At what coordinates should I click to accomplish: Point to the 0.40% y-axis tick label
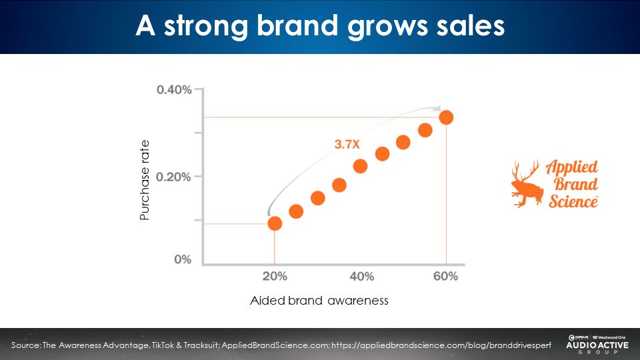[174, 90]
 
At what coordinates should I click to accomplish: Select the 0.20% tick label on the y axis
[174, 177]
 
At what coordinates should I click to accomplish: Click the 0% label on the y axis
[183, 259]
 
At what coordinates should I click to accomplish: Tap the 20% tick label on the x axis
[275, 276]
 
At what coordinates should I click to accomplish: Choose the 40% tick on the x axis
[361, 276]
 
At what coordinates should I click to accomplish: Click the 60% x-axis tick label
[445, 276]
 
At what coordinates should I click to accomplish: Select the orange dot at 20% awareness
[275, 223]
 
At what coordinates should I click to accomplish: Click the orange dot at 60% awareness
[446, 117]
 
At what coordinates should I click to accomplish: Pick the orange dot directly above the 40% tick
[361, 166]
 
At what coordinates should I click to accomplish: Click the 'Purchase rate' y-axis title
[145, 180]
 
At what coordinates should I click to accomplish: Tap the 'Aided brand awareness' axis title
[319, 301]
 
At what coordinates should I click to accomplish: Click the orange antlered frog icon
[527, 184]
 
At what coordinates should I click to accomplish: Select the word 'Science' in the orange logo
[573, 200]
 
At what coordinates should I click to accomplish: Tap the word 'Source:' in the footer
[26, 345]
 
